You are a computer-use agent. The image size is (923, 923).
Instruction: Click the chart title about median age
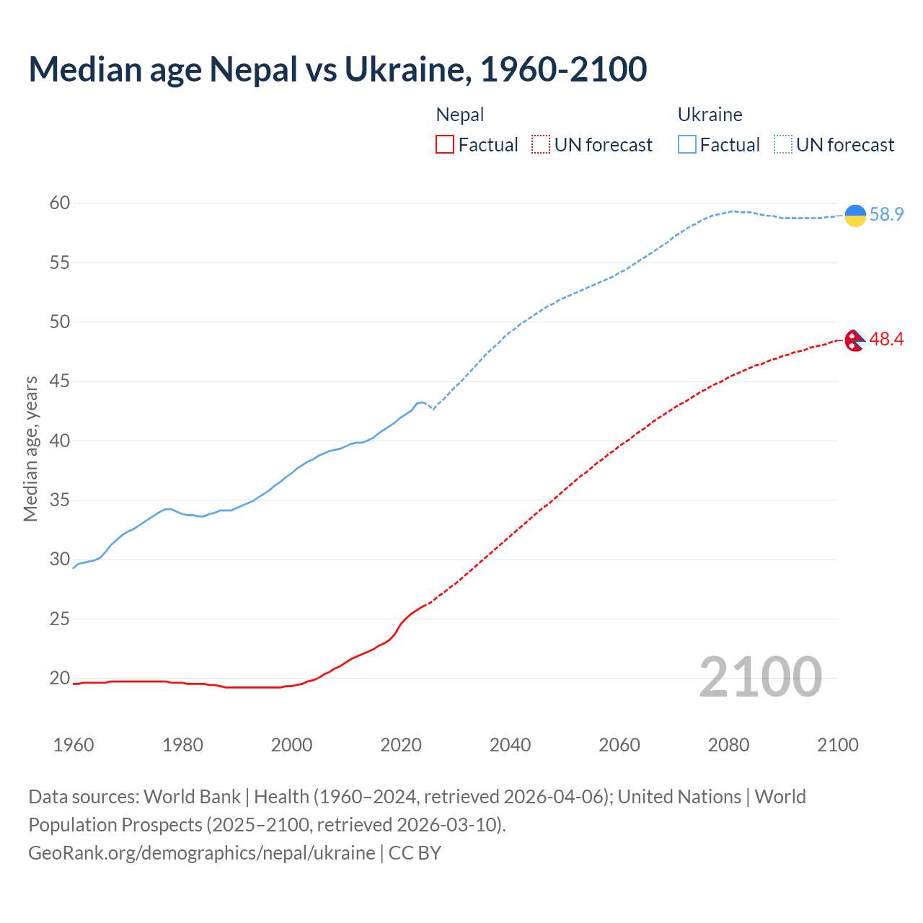[x=337, y=69]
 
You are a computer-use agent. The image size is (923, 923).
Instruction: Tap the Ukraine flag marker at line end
[x=855, y=215]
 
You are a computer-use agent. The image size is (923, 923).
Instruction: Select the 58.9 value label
[x=886, y=215]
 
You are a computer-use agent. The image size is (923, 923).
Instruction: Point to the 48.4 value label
[x=886, y=340]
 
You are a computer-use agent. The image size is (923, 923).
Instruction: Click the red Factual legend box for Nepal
[x=445, y=145]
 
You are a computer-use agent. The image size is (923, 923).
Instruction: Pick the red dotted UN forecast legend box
[x=541, y=145]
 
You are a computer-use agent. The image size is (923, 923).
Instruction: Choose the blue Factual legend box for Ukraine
[x=687, y=145]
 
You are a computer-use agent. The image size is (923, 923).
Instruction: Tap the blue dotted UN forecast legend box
[x=782, y=145]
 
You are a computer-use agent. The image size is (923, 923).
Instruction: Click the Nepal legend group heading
[x=460, y=115]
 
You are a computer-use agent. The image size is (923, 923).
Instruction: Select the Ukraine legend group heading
[x=710, y=115]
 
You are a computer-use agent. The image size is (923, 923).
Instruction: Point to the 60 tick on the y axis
[x=60, y=203]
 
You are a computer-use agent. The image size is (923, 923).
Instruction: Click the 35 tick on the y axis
[x=60, y=500]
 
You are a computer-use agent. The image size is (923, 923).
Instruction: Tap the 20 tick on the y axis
[x=60, y=679]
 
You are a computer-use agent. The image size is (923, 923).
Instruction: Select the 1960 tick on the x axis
[x=74, y=745]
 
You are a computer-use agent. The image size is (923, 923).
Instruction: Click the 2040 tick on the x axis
[x=510, y=745]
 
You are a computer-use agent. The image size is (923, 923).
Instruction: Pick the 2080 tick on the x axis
[x=728, y=745]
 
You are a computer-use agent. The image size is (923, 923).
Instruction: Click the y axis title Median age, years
[x=30, y=449]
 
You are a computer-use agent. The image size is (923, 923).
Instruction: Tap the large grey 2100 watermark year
[x=760, y=677]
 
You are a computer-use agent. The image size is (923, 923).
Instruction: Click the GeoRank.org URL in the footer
[x=202, y=853]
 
